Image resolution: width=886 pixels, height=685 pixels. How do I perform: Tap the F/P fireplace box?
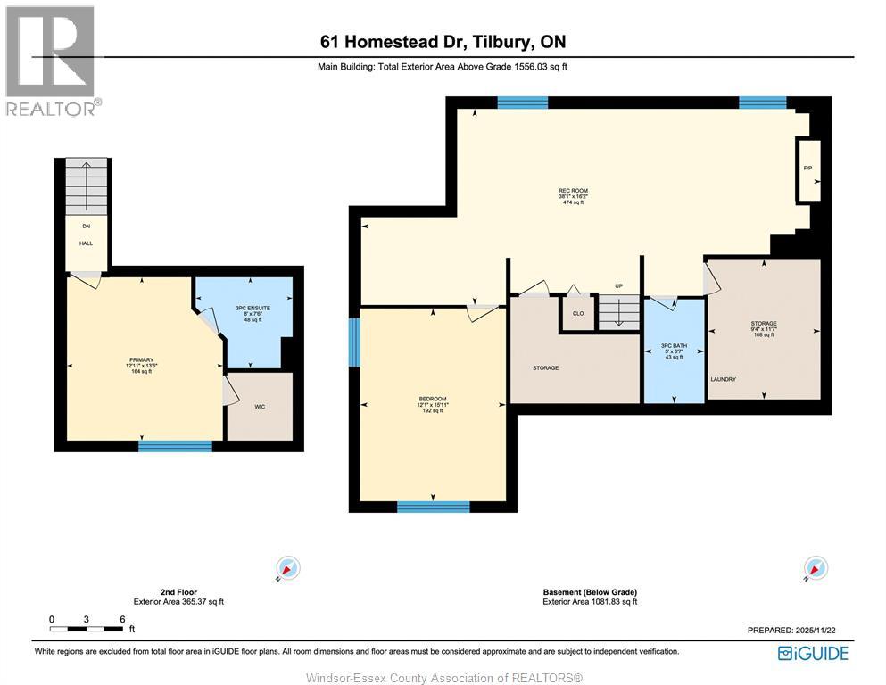(808, 169)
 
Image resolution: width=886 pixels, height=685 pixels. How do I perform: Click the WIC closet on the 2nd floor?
(259, 407)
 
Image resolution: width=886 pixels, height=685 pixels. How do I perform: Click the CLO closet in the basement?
(578, 313)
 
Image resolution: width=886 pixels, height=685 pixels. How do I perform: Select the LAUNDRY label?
(723, 379)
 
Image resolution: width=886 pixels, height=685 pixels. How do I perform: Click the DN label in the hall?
(86, 227)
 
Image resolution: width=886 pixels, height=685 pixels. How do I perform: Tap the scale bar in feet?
(86, 629)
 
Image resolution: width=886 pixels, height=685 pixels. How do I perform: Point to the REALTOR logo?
(52, 61)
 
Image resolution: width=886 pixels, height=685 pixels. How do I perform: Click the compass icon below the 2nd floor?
(288, 568)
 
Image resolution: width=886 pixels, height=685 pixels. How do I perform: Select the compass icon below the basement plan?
(816, 568)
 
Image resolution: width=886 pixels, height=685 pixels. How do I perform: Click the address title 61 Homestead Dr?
(443, 42)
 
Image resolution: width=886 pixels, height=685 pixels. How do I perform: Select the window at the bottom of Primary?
(175, 445)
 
